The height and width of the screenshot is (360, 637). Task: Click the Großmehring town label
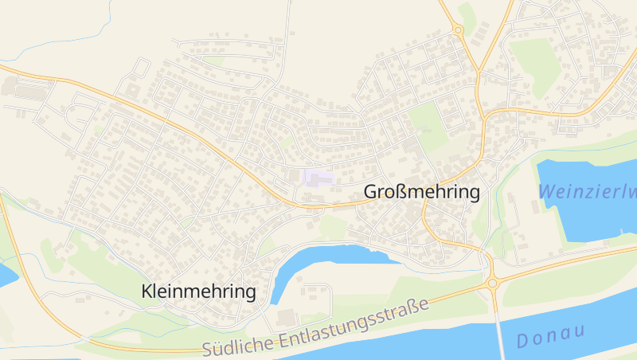(422, 192)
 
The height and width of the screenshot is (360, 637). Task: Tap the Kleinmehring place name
(198, 292)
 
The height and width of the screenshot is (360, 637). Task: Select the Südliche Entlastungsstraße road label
(315, 327)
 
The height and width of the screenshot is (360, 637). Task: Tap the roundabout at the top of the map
(458, 30)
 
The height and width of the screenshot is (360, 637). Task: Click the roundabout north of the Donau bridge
(492, 283)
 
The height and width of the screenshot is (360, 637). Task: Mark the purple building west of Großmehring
(317, 178)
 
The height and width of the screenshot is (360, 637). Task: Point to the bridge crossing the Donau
(500, 331)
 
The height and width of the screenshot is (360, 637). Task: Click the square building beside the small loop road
(132, 90)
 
